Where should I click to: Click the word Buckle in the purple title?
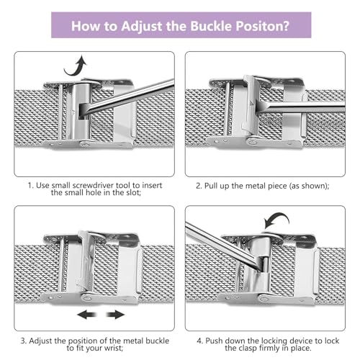pos(211,26)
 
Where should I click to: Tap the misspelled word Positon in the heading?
pos(259,26)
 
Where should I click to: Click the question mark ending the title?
pos(286,26)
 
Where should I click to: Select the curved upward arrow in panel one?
pos(75,66)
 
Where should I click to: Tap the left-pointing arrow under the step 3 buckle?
pos(87,315)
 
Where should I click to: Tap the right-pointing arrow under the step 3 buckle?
pos(115,315)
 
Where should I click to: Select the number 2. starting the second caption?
pos(199,186)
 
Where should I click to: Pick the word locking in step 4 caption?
pos(274,341)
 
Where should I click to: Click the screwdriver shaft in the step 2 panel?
pos(305,107)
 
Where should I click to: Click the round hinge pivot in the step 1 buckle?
pos(84,144)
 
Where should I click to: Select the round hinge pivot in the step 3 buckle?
pos(87,298)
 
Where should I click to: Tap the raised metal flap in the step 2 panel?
pos(251,106)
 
